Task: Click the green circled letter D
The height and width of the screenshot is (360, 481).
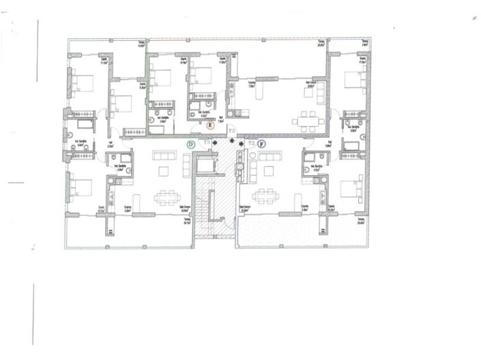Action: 191,144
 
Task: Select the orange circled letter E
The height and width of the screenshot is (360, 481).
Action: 210,125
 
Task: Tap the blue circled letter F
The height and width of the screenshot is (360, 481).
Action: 261,144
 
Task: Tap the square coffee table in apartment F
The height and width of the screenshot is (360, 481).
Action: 269,170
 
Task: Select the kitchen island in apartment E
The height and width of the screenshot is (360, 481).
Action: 264,93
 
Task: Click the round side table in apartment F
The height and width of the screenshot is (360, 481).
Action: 252,157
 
